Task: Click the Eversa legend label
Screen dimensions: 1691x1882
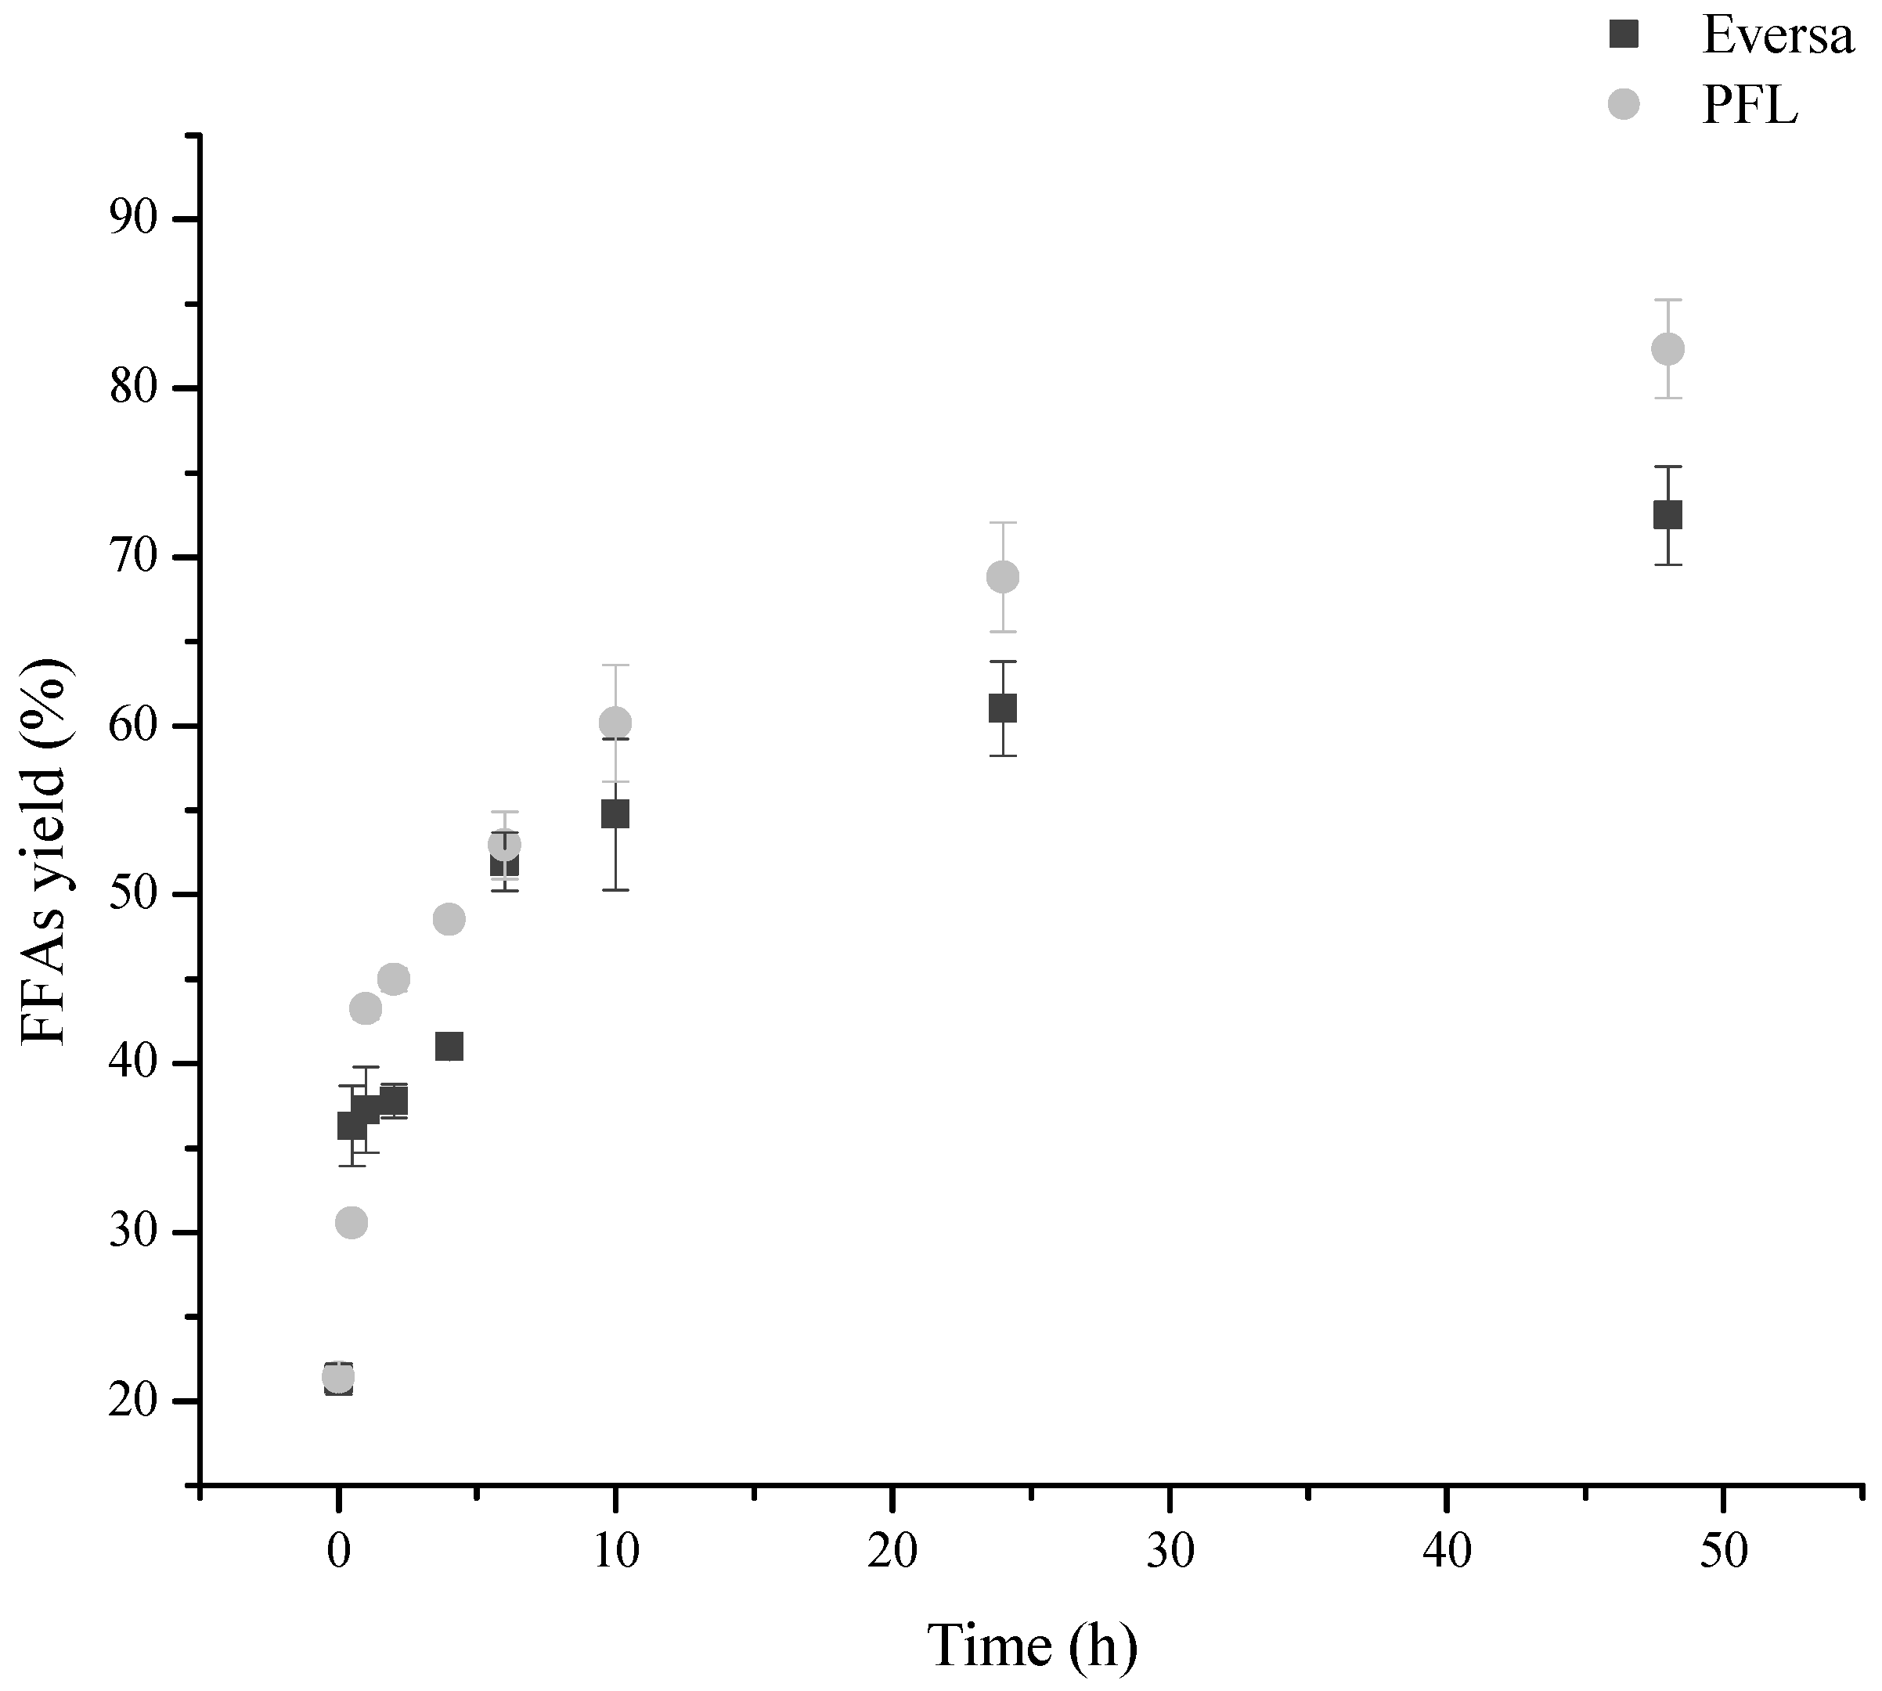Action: click(x=1777, y=36)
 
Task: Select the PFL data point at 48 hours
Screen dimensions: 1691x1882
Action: click(x=1667, y=348)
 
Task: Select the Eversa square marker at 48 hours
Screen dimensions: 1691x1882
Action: click(x=1667, y=514)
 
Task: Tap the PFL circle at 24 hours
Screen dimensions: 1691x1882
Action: click(x=1002, y=577)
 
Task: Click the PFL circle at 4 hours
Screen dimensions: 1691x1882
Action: click(x=449, y=919)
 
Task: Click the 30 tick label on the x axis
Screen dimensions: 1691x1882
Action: click(x=1169, y=1552)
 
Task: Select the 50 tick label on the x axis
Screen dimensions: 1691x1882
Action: click(x=1724, y=1552)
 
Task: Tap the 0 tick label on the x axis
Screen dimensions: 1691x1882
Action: click(x=338, y=1552)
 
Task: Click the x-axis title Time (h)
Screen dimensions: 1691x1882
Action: click(x=1031, y=1645)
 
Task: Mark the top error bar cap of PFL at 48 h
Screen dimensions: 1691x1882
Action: click(x=1667, y=300)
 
